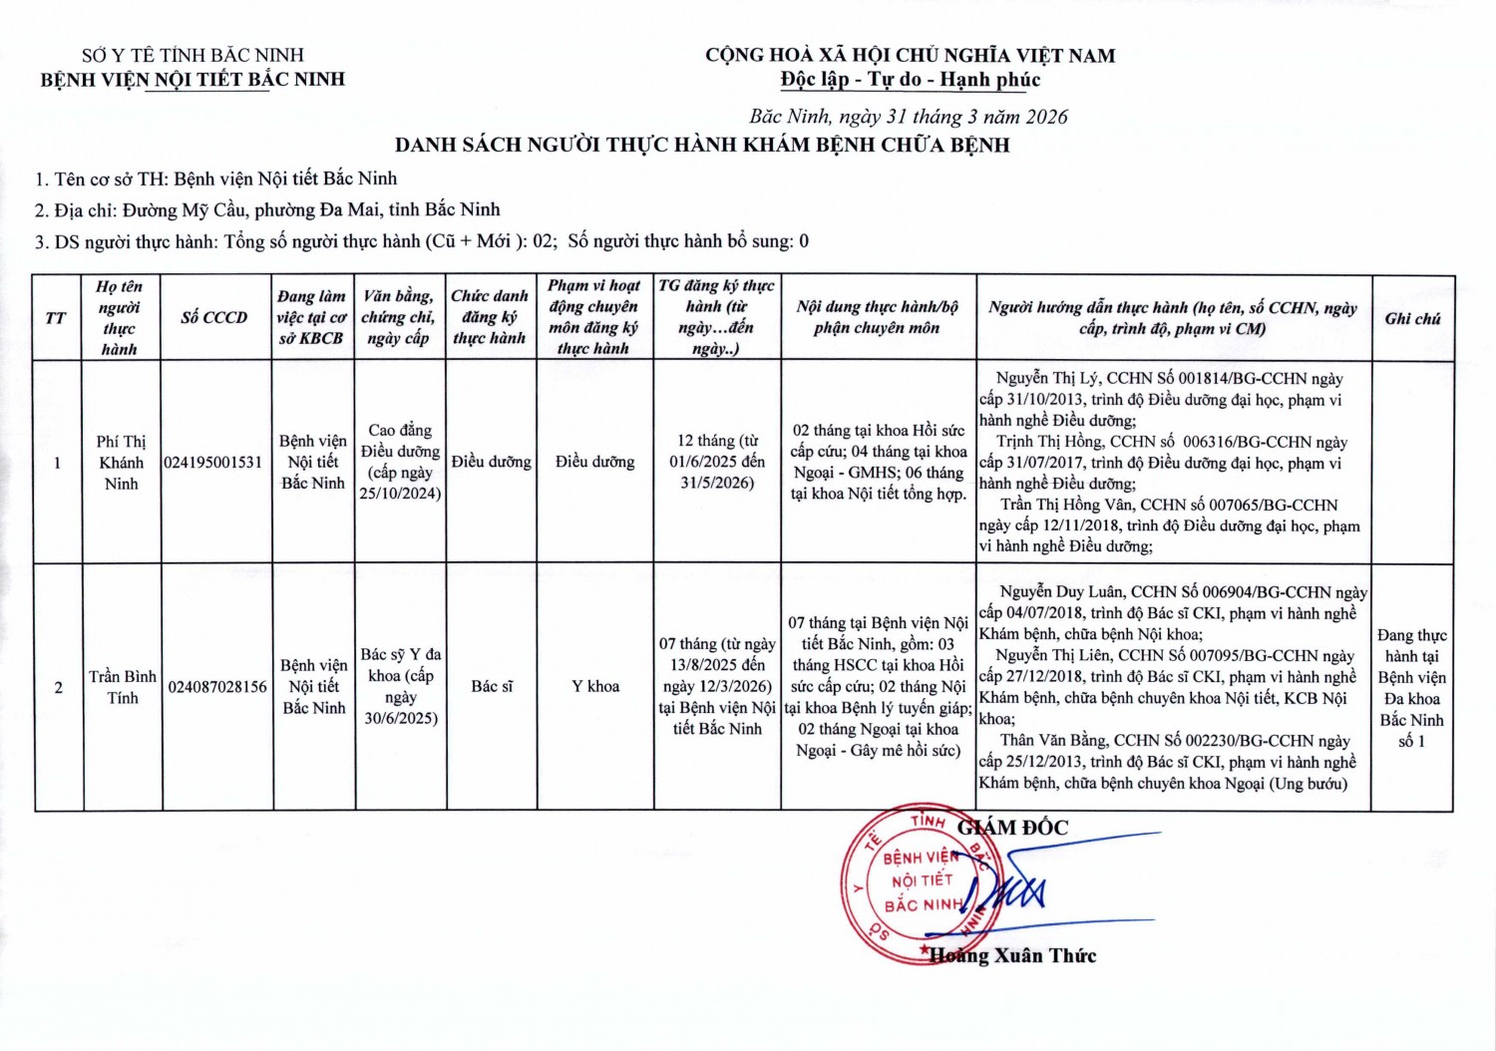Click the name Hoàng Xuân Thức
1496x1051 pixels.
[x=1012, y=955]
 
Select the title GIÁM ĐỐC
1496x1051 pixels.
[x=1012, y=828]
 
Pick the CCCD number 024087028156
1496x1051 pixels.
[x=217, y=687]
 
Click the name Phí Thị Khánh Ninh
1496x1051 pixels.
[x=122, y=463]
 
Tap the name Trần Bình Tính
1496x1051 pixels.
[x=123, y=687]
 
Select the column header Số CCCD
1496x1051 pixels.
[x=214, y=318]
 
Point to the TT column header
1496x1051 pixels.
[x=57, y=318]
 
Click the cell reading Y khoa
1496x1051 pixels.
[x=595, y=686]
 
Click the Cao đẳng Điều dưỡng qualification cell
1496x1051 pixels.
[x=400, y=462]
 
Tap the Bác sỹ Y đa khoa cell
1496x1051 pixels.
[x=400, y=686]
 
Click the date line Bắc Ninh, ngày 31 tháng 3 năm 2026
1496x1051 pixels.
[x=909, y=117]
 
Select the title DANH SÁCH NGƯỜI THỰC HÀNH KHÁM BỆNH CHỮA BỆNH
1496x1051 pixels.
[x=702, y=145]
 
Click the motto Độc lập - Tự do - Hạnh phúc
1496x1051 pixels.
[x=910, y=80]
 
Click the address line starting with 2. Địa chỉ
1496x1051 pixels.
[x=267, y=209]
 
